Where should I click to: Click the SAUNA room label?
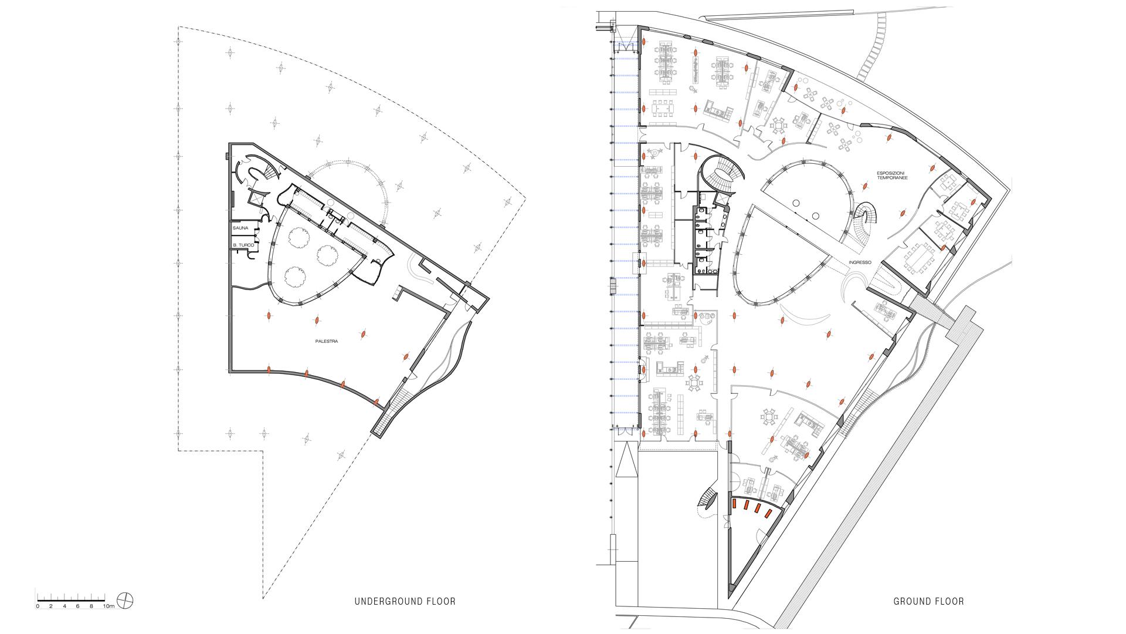pyautogui.click(x=240, y=227)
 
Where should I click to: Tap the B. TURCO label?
pyautogui.click(x=243, y=245)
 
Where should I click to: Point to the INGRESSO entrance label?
pyautogui.click(x=860, y=262)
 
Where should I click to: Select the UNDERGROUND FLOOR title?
pyautogui.click(x=405, y=601)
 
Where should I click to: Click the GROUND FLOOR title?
pyautogui.click(x=928, y=601)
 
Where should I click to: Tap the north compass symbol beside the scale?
pyautogui.click(x=126, y=600)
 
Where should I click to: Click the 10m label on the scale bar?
pyautogui.click(x=109, y=606)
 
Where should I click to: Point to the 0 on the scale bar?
pyautogui.click(x=38, y=606)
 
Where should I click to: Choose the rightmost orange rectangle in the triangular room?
pyautogui.click(x=768, y=514)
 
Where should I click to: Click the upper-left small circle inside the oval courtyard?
pyautogui.click(x=796, y=203)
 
